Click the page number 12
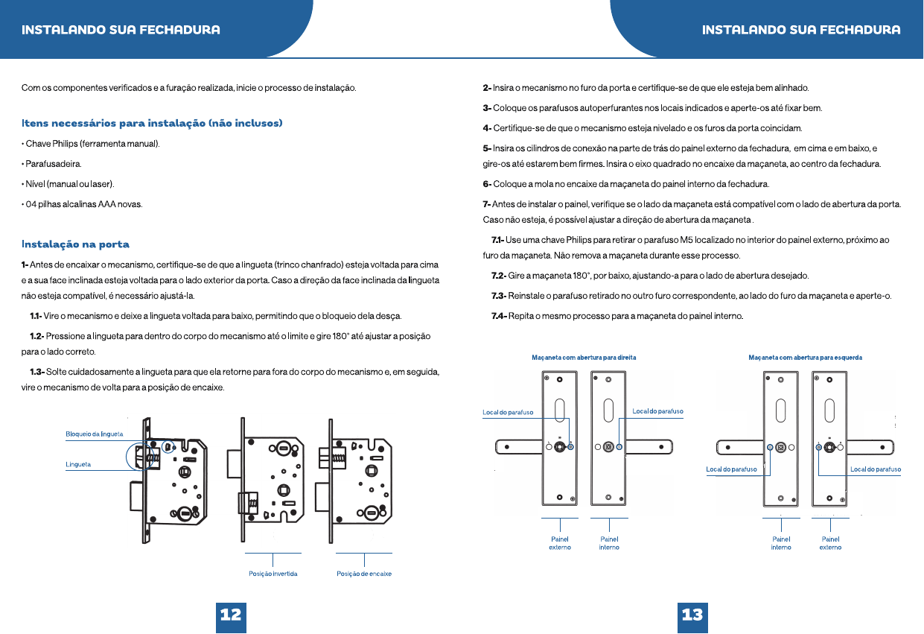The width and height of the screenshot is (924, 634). pos(231,615)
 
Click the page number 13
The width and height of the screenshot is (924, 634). pos(692,615)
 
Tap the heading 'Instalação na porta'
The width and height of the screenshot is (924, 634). pos(75,244)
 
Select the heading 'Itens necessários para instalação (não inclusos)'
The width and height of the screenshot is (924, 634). pos(152,124)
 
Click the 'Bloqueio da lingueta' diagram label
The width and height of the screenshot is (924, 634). pos(95,434)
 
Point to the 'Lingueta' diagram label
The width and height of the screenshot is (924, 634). pos(78,464)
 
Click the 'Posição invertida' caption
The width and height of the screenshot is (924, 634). pos(273,574)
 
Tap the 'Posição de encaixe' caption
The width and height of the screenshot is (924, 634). pos(364,574)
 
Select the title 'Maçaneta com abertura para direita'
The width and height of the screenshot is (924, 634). pos(584,358)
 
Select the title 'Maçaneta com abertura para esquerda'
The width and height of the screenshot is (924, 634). pos(805,358)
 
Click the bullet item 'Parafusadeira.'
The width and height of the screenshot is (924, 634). pos(51,164)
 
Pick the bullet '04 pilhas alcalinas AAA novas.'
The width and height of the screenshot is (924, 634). pos(82,204)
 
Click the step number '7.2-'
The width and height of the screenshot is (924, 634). pos(498,276)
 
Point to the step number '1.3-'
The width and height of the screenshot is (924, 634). pos(37,372)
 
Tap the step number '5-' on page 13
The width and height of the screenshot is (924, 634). pos(487,148)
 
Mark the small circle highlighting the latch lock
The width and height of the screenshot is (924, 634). pos(168,446)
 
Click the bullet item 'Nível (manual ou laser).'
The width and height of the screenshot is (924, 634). pos(68,184)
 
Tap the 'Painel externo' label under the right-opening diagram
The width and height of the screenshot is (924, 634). pos(560,543)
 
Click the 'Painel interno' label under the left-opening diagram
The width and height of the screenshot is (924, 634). pos(781,543)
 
